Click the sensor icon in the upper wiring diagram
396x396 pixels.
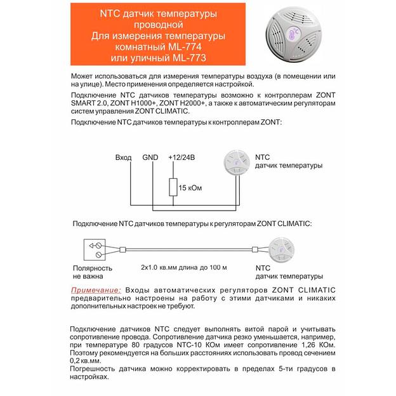coord(237,163)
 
